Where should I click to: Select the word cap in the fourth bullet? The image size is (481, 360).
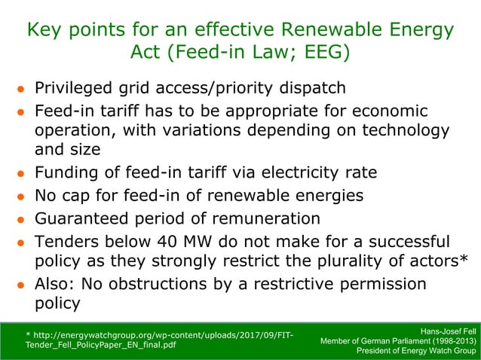[77, 196]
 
